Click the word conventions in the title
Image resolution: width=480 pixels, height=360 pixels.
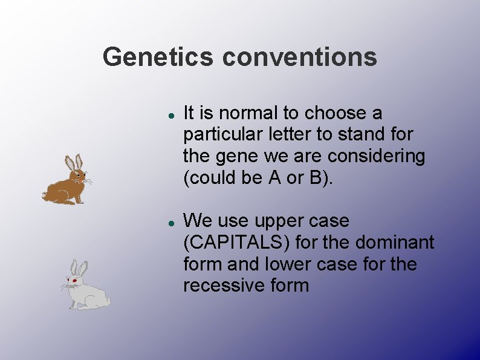[x=299, y=57]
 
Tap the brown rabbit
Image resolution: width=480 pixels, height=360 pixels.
[x=67, y=184]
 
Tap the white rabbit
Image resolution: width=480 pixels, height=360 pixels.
[x=86, y=289]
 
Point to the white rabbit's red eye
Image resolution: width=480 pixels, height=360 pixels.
[x=74, y=281]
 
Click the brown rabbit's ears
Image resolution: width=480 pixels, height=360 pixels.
[x=74, y=163]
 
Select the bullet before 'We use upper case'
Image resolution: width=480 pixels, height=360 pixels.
[x=172, y=222]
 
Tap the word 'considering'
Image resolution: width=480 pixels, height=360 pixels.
[x=376, y=156]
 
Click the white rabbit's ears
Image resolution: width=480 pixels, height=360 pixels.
[x=79, y=267]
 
